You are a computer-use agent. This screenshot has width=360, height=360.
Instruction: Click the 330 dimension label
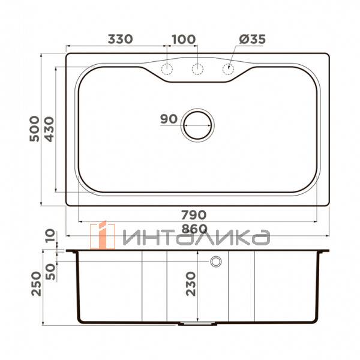[x=120, y=40]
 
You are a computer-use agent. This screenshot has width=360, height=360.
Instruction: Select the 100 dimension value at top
[x=183, y=40]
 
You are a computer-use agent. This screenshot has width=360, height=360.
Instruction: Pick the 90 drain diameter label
[x=169, y=119]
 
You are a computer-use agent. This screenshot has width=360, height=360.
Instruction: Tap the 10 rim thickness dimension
[x=49, y=235]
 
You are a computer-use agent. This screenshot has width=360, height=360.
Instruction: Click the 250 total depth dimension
[x=35, y=283]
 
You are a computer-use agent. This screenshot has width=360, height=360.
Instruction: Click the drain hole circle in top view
[x=197, y=125]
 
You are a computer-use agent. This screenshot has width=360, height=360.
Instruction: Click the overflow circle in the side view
[x=215, y=262]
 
